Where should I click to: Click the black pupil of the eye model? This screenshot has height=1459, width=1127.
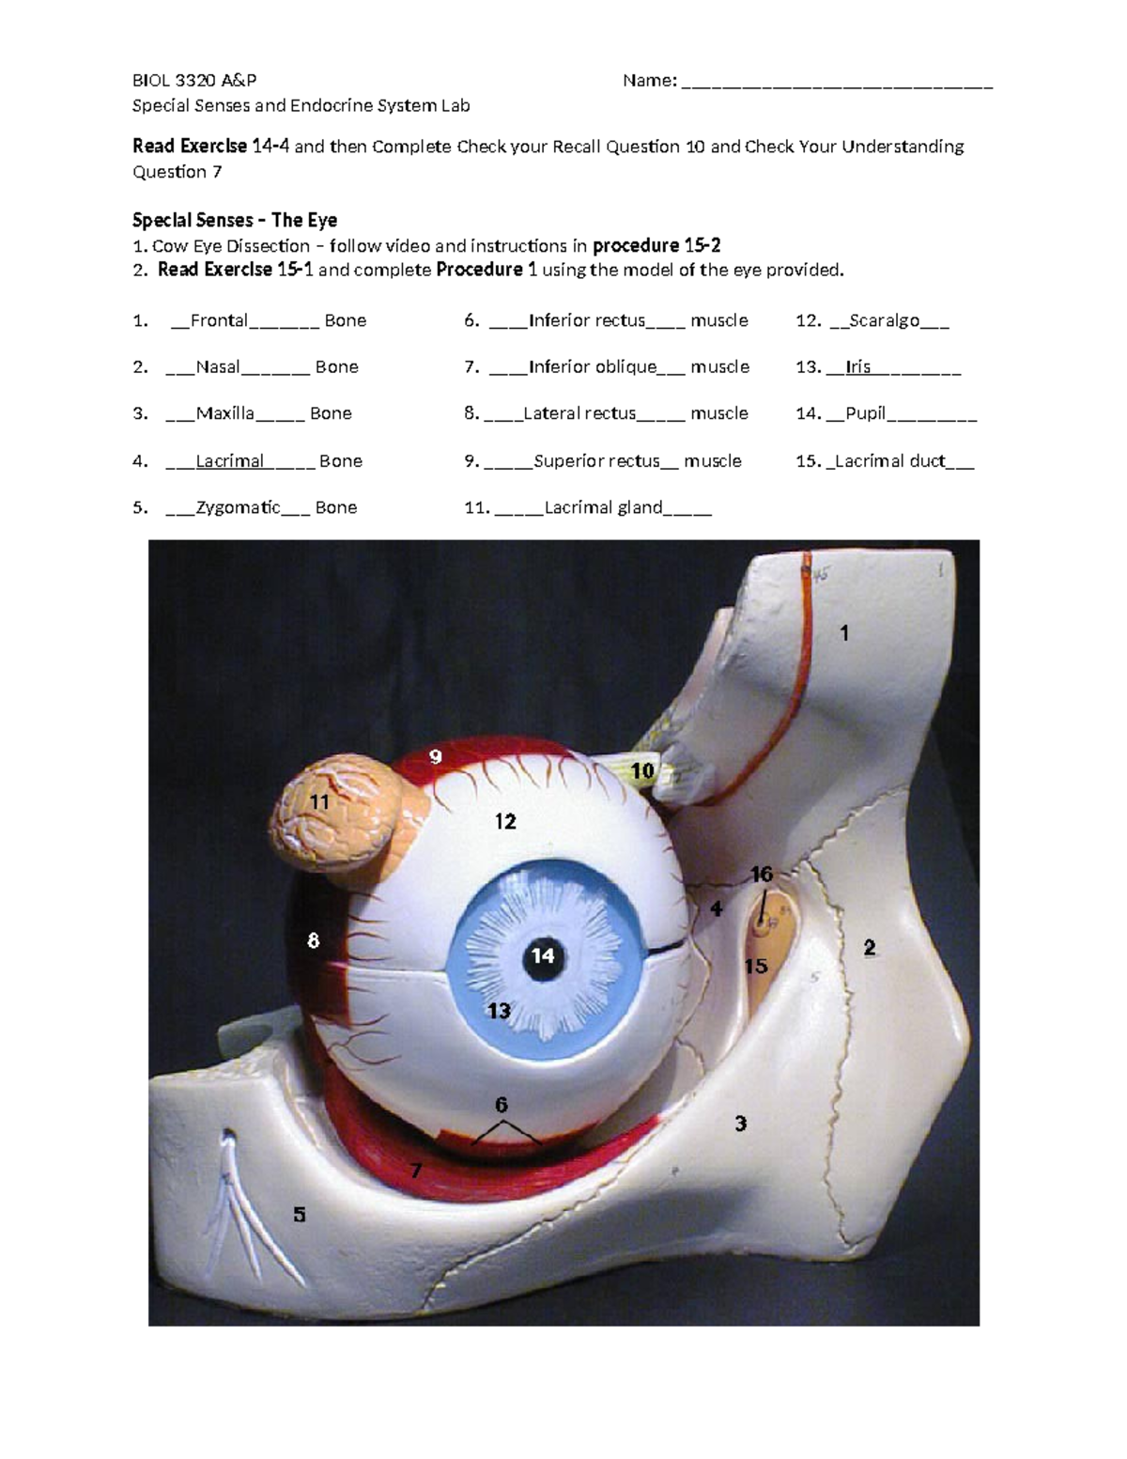[543, 956]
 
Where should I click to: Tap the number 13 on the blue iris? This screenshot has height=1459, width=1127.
[499, 1011]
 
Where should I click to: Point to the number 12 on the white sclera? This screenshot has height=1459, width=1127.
[505, 822]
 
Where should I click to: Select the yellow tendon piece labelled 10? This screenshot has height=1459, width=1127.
[641, 771]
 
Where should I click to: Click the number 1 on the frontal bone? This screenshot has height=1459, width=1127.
[844, 633]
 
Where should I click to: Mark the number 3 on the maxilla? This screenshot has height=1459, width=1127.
[741, 1123]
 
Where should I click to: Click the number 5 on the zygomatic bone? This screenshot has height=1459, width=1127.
[299, 1215]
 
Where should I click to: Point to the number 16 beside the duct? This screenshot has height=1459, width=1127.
[762, 875]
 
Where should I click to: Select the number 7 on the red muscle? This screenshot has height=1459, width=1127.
[416, 1171]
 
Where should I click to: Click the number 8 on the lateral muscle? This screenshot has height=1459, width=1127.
[314, 940]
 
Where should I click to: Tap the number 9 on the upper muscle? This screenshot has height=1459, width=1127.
[435, 756]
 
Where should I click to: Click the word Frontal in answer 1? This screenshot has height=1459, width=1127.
[219, 320]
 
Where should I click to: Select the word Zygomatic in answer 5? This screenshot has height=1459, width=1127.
[238, 507]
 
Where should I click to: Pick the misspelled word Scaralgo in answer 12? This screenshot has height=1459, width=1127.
[884, 320]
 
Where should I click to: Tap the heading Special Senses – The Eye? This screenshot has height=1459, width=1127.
[235, 220]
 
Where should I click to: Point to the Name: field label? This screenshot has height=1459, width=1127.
[649, 81]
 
